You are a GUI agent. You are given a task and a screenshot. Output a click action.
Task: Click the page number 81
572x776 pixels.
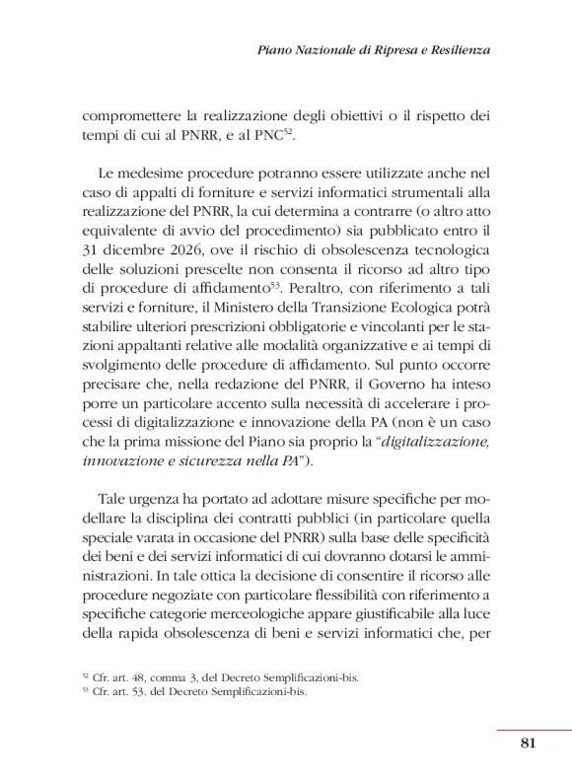tap(527, 743)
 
